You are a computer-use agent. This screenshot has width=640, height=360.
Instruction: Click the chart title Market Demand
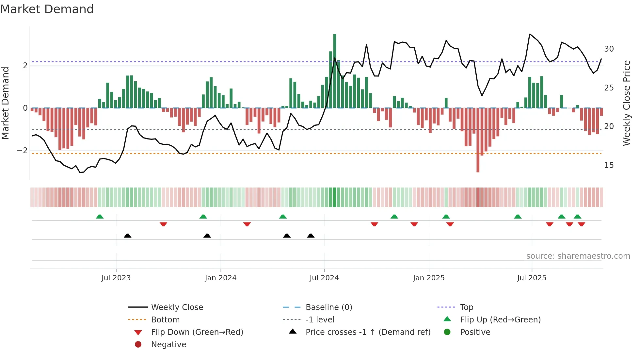[47, 9]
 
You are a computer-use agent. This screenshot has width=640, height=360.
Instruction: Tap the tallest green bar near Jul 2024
[334, 71]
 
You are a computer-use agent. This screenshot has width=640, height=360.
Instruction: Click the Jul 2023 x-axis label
[116, 278]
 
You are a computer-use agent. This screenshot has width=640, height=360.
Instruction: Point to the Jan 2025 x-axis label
[428, 278]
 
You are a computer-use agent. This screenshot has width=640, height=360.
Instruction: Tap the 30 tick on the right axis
[609, 49]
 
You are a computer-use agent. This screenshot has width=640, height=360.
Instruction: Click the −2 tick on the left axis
[22, 151]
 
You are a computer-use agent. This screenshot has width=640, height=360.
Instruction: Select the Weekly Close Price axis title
[626, 103]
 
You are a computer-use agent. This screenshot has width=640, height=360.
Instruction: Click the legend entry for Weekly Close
[177, 307]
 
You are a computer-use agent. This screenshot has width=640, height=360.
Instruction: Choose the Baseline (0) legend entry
[328, 307]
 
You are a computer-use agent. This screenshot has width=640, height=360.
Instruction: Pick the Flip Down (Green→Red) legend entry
[197, 332]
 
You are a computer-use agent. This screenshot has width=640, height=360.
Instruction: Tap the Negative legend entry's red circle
[138, 345]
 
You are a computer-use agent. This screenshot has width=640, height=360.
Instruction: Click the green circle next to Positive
[447, 332]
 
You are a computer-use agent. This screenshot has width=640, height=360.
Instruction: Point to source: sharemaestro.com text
[578, 256]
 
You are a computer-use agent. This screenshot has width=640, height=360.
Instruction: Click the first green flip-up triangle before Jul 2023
[100, 217]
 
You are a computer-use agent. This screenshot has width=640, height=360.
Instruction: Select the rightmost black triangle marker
[311, 236]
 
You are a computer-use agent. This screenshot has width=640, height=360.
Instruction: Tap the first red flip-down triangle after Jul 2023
[163, 224]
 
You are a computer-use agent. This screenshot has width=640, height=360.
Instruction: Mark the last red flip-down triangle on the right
[581, 224]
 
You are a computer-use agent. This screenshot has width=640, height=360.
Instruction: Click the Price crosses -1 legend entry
[368, 332]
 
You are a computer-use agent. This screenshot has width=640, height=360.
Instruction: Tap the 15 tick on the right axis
[609, 165]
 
